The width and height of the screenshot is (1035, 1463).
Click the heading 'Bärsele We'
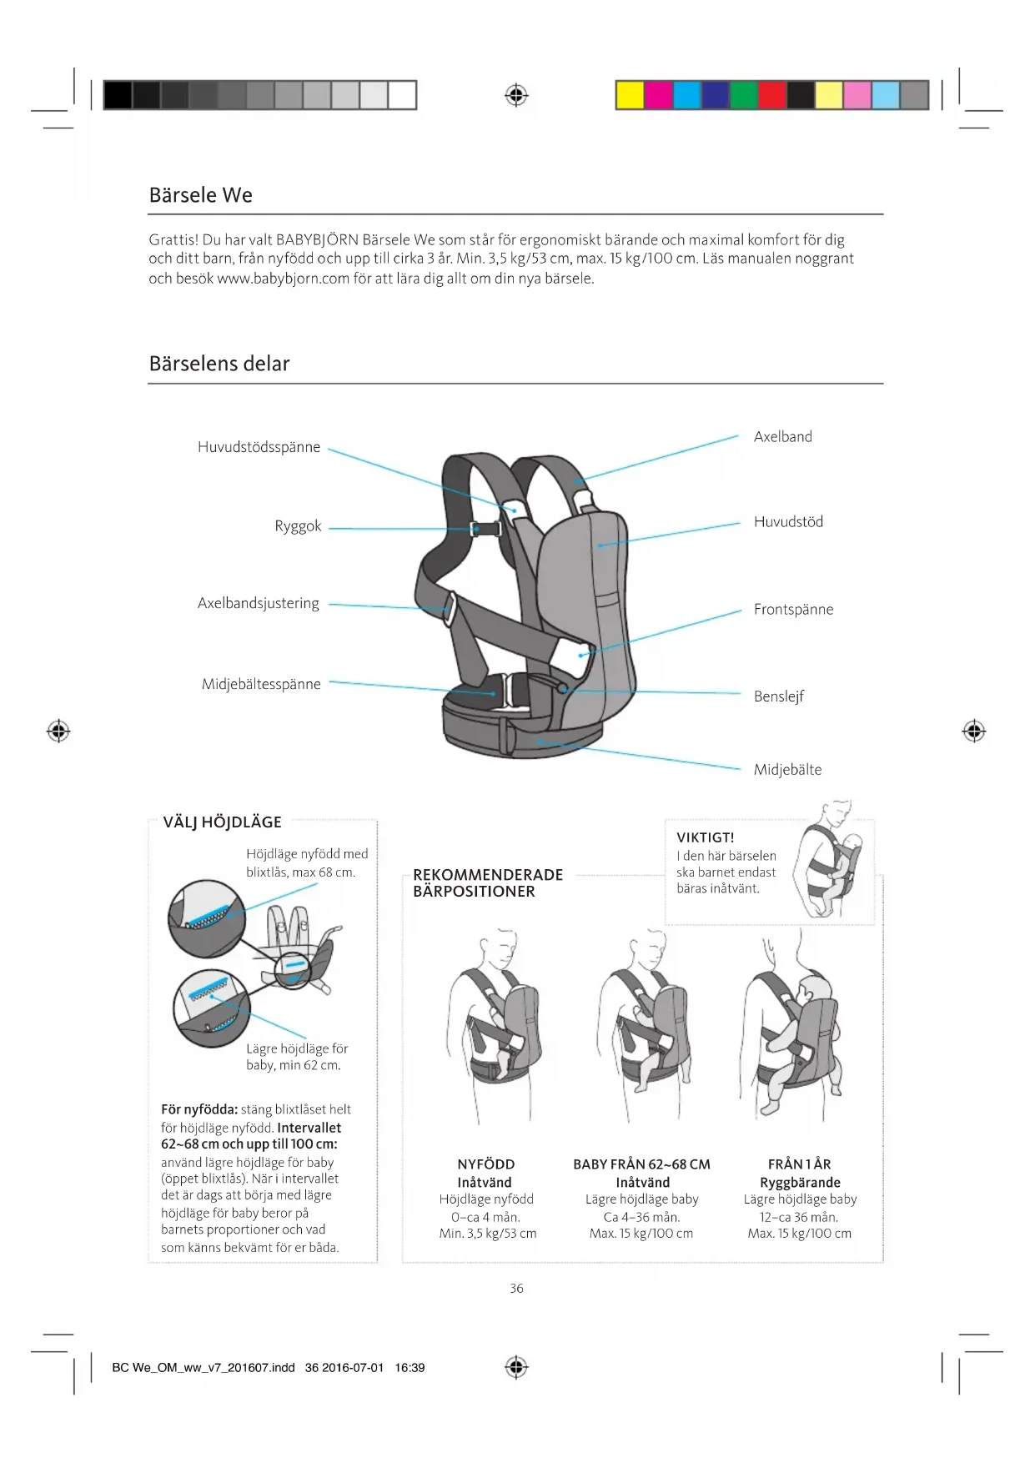point(200,195)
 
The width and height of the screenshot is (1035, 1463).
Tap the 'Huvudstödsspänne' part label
point(259,447)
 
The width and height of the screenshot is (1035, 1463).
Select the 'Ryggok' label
point(298,526)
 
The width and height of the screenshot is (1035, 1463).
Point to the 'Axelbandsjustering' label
point(258,603)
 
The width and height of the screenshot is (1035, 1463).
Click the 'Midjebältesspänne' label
point(261,684)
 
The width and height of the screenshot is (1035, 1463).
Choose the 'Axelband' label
point(782,436)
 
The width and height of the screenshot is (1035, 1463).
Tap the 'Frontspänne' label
point(793,609)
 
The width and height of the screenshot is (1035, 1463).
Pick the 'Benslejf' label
point(778,696)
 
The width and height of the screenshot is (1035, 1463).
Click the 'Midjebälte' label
point(787,769)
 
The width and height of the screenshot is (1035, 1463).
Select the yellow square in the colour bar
point(630,95)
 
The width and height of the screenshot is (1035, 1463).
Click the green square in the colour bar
point(743,95)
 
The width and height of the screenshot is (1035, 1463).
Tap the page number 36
point(516,1289)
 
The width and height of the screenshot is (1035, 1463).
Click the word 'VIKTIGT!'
point(705,837)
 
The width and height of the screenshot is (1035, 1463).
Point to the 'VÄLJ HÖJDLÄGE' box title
point(222,822)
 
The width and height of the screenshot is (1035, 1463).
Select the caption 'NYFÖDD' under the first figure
point(486,1164)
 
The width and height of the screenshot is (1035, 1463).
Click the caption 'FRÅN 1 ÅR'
point(799,1164)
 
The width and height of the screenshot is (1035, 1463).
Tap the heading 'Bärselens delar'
point(219,364)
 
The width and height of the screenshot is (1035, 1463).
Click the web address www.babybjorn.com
point(283,279)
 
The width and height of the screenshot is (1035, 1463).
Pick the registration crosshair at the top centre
point(516,95)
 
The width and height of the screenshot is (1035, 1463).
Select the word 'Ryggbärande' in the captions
point(800,1182)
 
